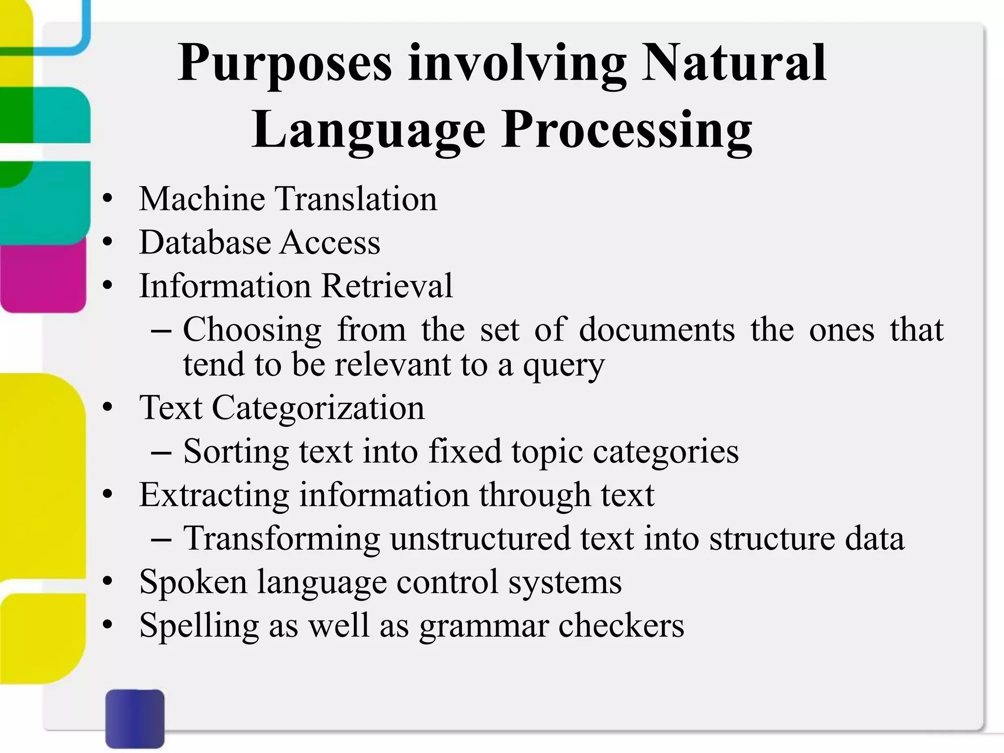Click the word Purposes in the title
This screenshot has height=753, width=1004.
point(285,64)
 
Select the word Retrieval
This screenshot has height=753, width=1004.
point(387,285)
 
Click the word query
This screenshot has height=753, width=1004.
point(564,365)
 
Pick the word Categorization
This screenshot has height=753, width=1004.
point(318,407)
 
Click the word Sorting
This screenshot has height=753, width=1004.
point(236,451)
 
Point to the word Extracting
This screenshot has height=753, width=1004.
point(214,495)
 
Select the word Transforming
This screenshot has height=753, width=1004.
point(281,538)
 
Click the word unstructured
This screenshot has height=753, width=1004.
point(480,538)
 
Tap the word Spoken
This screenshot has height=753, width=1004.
point(193,582)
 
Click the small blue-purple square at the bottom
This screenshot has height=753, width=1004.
point(135,718)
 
